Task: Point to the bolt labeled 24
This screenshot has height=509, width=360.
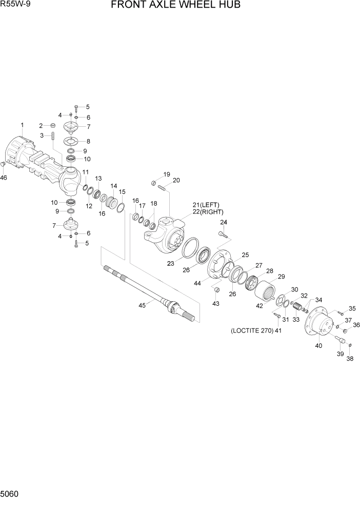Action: [223, 235]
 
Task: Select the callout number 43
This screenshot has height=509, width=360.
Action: [215, 303]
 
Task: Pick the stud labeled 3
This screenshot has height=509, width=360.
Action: [53, 138]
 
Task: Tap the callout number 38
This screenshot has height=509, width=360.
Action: [350, 359]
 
